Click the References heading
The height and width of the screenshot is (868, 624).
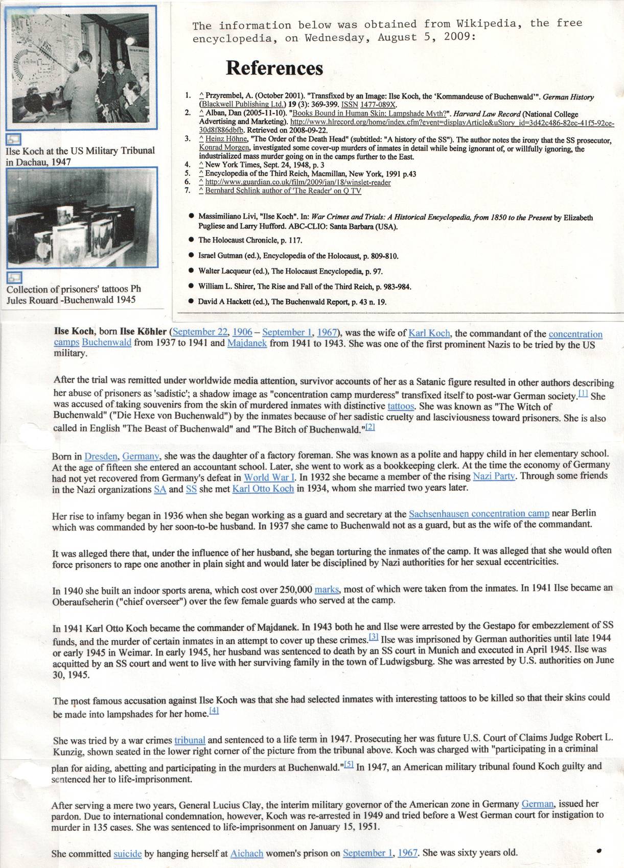point(274,68)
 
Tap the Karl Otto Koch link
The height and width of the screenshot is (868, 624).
point(263,489)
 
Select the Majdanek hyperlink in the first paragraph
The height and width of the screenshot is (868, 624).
point(247,343)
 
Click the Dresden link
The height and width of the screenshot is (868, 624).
point(101,456)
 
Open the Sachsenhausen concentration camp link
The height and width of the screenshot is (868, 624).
point(479,514)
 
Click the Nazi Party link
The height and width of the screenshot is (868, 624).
point(494,476)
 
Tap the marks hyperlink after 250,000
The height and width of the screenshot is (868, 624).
point(327,589)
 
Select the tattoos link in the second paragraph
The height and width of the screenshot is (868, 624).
point(401,406)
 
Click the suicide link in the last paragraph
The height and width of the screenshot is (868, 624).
point(127,854)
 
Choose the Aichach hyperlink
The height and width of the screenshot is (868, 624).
point(247,853)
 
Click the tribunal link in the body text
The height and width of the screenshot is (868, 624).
point(190,740)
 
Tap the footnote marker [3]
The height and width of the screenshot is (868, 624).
point(374,637)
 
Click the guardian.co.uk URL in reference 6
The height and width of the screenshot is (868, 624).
point(298,182)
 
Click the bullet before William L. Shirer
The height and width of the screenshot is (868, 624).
point(191,286)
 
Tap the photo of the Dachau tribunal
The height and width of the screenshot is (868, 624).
point(82,66)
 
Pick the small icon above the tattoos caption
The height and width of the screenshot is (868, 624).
point(14,277)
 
